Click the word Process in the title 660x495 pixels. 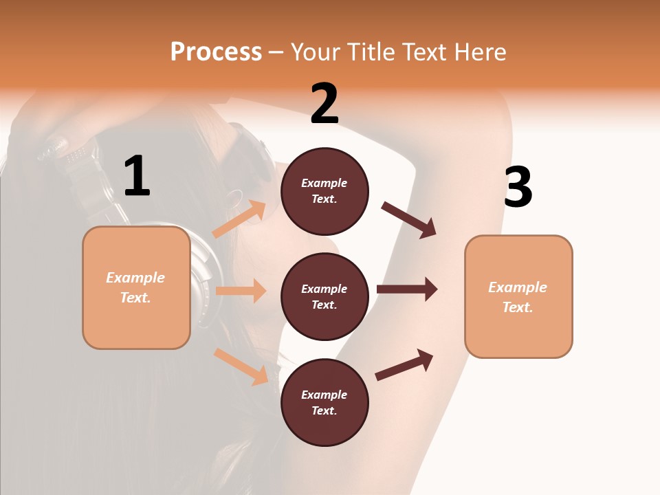tap(216, 52)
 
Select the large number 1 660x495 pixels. tap(137, 177)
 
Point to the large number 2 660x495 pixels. tap(324, 104)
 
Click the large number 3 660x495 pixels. tap(518, 187)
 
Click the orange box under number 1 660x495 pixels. tap(136, 287)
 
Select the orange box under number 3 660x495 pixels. tap(518, 297)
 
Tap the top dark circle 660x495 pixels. tap(324, 191)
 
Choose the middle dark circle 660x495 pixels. tap(324, 296)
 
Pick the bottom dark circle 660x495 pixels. tap(324, 402)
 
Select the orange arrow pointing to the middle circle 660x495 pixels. tap(241, 291)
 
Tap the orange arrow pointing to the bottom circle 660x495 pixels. tap(241, 366)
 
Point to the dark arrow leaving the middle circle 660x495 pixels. tap(407, 289)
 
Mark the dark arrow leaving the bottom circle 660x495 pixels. tap(405, 364)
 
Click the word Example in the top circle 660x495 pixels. tap(324, 183)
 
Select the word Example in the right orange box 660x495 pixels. tap(518, 287)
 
